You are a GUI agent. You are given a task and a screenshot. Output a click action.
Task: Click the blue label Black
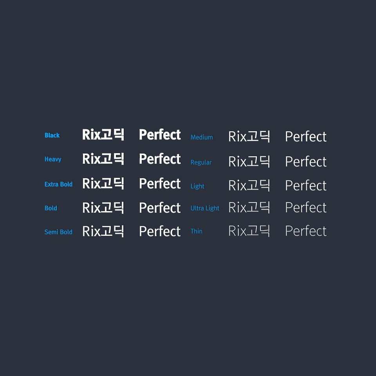[x=52, y=136]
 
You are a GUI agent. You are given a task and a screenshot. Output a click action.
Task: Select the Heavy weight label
[x=53, y=159]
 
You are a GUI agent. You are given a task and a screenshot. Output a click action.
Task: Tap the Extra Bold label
[x=58, y=184]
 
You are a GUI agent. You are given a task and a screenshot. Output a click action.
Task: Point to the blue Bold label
[x=51, y=208]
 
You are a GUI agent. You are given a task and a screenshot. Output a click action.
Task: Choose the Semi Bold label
[x=58, y=232]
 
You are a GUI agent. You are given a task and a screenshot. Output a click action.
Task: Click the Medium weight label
[x=202, y=137]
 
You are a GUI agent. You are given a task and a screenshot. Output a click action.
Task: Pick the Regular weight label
[x=201, y=162]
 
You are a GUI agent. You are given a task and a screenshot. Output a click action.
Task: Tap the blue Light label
[x=197, y=186]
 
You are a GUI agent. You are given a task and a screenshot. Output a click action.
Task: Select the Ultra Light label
[x=205, y=208]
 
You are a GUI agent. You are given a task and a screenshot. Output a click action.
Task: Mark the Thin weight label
[x=197, y=231]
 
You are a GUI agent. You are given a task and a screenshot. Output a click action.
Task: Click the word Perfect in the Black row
[x=160, y=135]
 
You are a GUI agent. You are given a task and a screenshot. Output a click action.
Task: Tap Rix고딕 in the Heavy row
[x=103, y=159]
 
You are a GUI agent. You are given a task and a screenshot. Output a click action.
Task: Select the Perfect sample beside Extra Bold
[x=160, y=184]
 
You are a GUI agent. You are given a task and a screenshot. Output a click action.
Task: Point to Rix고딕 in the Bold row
[x=103, y=208]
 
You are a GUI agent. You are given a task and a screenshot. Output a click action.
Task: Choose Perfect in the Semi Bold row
[x=160, y=231]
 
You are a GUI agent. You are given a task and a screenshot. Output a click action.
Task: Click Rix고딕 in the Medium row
[x=249, y=137]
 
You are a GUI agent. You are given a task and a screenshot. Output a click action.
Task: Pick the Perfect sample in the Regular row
[x=305, y=162]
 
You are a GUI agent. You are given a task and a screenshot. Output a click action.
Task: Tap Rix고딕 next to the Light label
[x=249, y=185]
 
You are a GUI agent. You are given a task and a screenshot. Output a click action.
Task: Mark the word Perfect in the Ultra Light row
[x=305, y=208]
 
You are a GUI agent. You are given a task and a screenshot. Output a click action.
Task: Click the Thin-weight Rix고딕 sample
[x=249, y=231]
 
